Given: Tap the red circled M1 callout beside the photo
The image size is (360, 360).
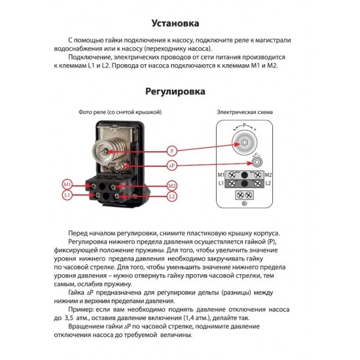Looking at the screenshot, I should (x=67, y=184).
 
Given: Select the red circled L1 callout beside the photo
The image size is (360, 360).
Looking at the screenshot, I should (x=67, y=195).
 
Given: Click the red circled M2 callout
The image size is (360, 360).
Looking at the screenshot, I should (x=171, y=184).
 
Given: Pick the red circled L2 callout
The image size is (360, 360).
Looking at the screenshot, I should (x=171, y=196).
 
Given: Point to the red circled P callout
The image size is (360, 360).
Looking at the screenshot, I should (x=172, y=151).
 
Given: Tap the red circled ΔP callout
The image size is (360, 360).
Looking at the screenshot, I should (x=172, y=164).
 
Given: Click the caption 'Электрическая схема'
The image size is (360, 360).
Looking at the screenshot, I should (x=243, y=113).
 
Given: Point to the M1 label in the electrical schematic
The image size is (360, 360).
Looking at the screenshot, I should (x=221, y=175).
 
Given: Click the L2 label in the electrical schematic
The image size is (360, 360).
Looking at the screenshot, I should (x=267, y=185).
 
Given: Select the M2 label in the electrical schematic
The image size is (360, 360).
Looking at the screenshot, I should (x=267, y=175).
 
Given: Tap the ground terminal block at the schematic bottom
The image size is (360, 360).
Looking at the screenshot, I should (x=243, y=196).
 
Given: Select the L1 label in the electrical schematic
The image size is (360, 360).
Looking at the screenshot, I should (x=221, y=185).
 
